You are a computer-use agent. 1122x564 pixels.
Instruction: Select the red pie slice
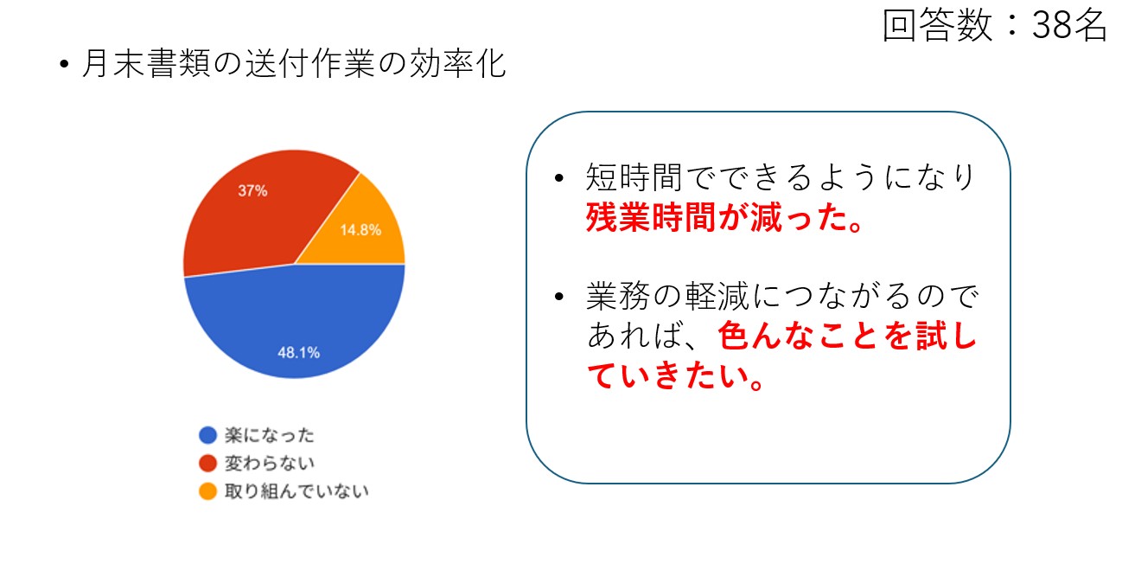(x=251, y=215)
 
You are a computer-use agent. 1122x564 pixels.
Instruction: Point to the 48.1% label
(x=298, y=352)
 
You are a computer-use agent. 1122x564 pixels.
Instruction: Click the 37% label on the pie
(x=252, y=190)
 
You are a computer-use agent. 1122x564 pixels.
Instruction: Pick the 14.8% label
(x=360, y=229)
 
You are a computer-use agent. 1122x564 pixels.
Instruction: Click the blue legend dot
(x=207, y=434)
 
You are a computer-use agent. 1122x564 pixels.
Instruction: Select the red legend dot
(x=207, y=463)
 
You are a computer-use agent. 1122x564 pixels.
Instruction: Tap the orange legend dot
(x=207, y=490)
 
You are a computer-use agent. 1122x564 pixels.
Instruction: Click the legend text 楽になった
(x=270, y=434)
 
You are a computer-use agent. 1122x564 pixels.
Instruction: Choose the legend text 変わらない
(x=270, y=463)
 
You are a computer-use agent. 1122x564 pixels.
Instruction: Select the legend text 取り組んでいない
(x=296, y=490)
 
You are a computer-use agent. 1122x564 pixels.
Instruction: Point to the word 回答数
(x=937, y=25)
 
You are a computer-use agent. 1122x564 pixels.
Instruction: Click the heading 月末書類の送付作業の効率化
(x=294, y=64)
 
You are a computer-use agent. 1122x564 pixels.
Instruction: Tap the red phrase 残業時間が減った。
(x=724, y=217)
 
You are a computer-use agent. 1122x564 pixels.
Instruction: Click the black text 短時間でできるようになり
(x=781, y=177)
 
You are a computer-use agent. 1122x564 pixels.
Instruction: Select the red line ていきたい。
(x=676, y=375)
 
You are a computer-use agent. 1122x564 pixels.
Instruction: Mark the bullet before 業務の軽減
(x=559, y=297)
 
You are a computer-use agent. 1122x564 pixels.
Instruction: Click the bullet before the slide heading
(x=64, y=64)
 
